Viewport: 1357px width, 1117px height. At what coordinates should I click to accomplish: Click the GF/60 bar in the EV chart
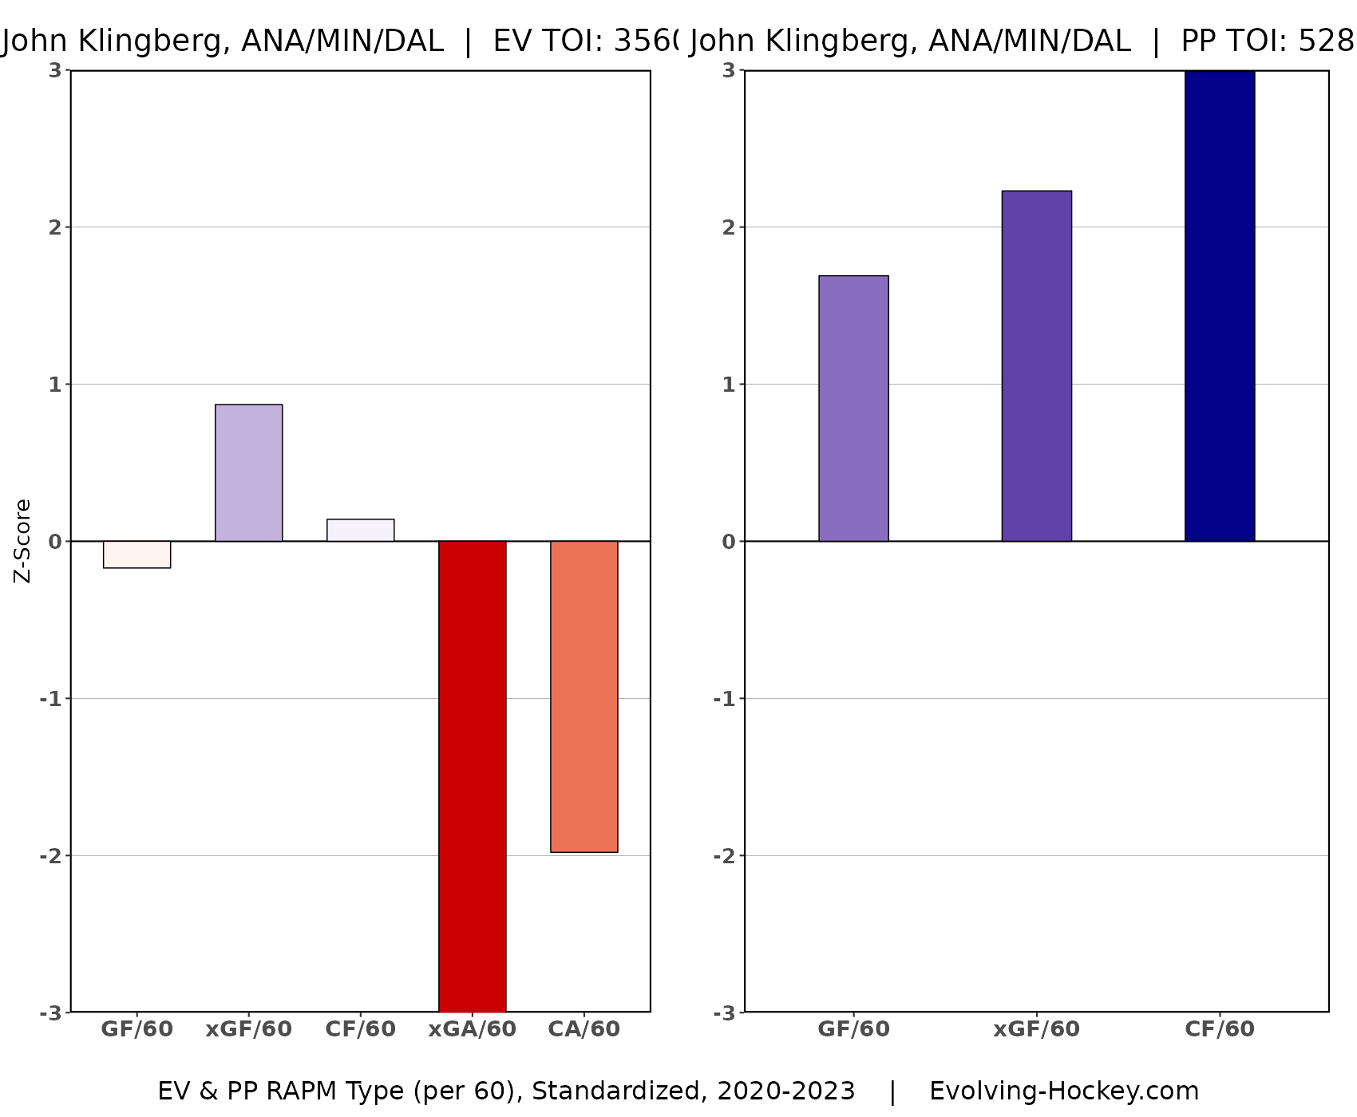coord(136,555)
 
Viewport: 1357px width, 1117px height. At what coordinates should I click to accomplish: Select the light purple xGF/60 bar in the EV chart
coord(248,472)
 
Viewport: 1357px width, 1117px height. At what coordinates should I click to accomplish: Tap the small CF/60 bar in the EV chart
coord(360,531)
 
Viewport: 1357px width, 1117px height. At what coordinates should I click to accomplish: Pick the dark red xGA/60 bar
coord(472,776)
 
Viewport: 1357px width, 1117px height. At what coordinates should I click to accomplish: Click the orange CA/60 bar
coord(584,696)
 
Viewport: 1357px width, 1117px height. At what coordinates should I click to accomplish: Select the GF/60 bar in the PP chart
coord(853,409)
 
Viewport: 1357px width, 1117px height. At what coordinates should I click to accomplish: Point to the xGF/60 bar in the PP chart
coord(1036,365)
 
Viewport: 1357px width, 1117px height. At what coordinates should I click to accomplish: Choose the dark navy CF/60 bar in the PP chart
coord(1220,306)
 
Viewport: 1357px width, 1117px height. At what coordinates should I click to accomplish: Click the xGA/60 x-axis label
coord(472,1029)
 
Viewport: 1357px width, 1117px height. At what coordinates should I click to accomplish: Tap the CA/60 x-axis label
coord(584,1029)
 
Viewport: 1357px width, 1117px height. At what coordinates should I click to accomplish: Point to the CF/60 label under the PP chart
coord(1220,1029)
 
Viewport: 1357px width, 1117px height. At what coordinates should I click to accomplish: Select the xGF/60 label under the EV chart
coord(248,1029)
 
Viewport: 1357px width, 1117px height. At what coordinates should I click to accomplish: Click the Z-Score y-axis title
coord(23,541)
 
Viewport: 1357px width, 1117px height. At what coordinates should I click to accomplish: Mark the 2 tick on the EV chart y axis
coord(54,227)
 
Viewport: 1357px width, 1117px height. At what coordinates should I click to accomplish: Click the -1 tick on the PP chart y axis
coord(723,699)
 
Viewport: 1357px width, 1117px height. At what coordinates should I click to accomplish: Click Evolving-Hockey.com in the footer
coord(1063,1091)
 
